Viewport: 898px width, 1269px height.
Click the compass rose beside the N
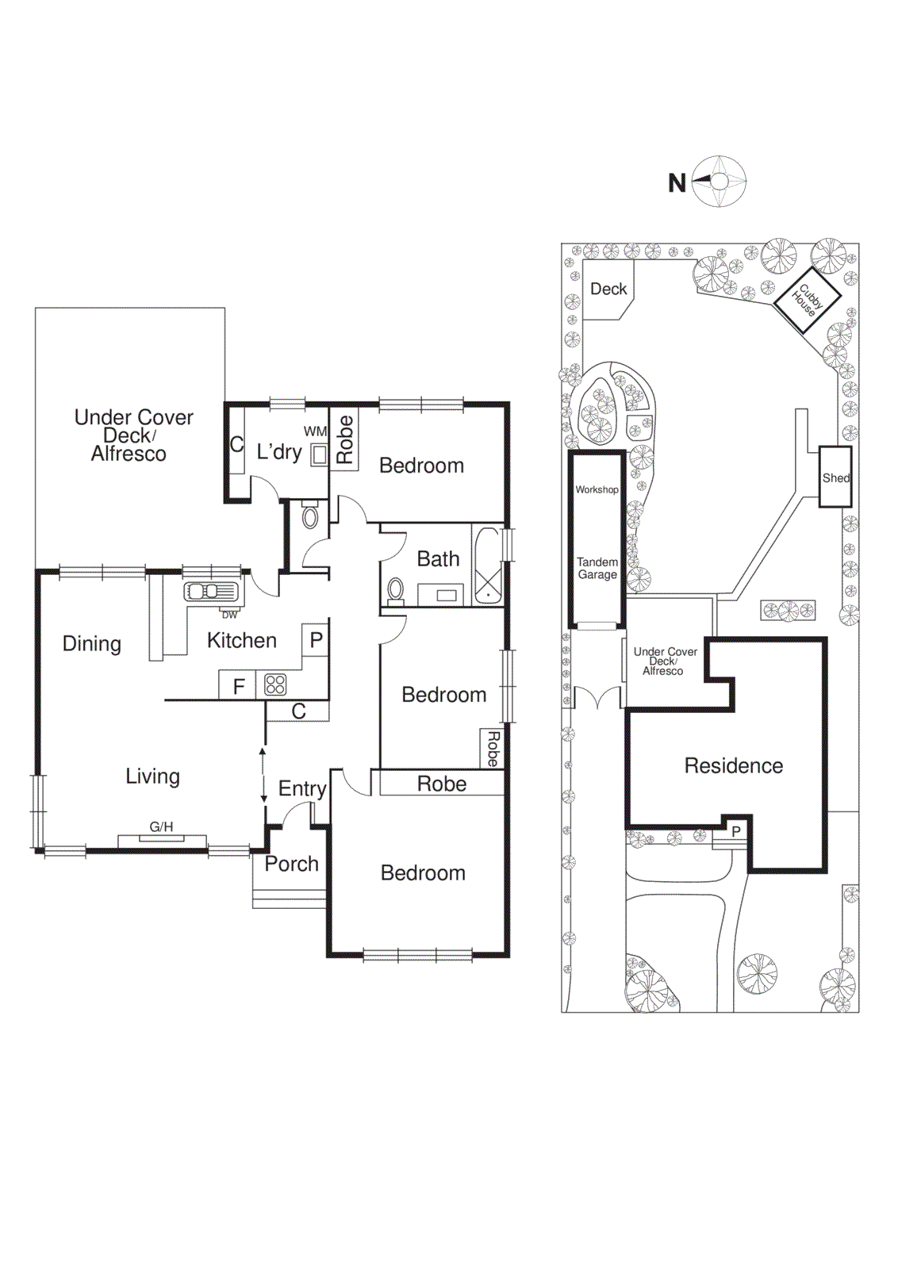tap(719, 182)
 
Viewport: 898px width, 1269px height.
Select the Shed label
tap(835, 477)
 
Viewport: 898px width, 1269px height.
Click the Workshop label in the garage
tap(597, 489)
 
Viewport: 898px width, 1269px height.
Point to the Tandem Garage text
tap(597, 568)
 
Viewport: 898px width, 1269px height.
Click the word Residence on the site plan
tap(733, 765)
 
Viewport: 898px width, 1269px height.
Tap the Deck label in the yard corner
tap(608, 289)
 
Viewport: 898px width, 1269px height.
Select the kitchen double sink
tap(210, 592)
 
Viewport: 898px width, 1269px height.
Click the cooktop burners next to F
tap(275, 684)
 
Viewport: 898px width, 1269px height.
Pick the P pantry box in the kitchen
tap(316, 639)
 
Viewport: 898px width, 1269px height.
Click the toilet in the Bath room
tap(395, 590)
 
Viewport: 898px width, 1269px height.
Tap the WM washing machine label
tap(315, 431)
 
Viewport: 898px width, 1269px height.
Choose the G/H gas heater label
tap(161, 827)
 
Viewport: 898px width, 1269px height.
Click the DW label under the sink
tap(229, 615)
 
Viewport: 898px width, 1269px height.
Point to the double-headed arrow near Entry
tap(263, 775)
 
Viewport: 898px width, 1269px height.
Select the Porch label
tap(291, 864)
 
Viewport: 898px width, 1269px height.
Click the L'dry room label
tap(278, 452)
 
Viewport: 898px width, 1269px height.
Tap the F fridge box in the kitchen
tap(238, 686)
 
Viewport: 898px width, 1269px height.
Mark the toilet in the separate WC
tap(310, 518)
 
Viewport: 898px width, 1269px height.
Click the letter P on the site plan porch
tap(736, 831)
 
